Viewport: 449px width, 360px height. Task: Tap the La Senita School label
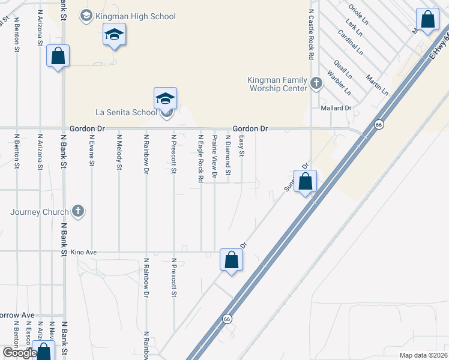(x=126, y=112)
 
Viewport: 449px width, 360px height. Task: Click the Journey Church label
(x=39, y=212)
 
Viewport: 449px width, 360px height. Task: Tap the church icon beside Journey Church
(x=77, y=211)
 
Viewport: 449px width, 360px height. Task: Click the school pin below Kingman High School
(x=113, y=35)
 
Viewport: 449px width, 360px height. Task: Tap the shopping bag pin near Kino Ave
(x=231, y=260)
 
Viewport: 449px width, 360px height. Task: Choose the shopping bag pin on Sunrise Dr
(x=306, y=181)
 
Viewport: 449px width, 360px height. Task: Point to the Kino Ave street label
(x=83, y=253)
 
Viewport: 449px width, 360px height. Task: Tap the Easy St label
(x=242, y=146)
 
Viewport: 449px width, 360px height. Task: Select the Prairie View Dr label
(x=214, y=157)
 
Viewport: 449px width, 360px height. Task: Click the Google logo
(x=19, y=353)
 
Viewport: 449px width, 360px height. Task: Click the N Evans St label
(x=91, y=149)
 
